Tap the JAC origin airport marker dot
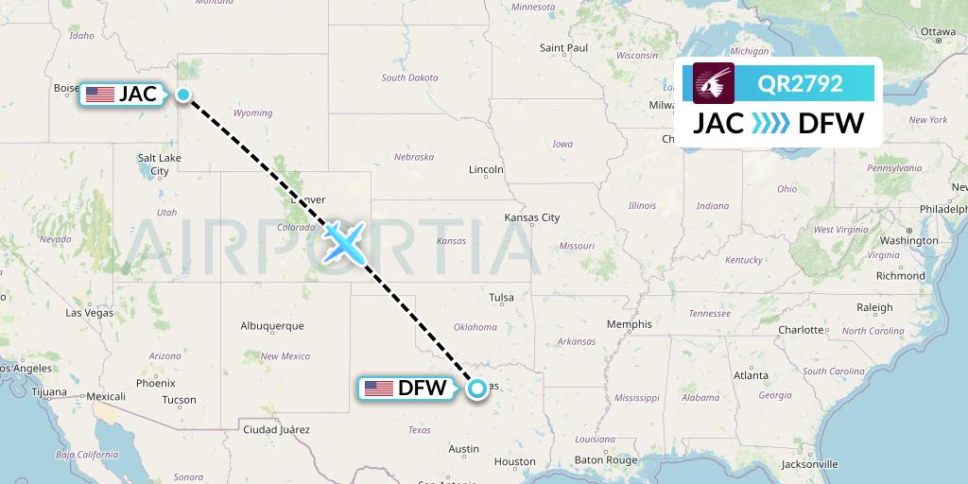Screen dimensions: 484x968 click(x=183, y=95)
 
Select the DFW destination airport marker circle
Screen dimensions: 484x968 click(x=478, y=388)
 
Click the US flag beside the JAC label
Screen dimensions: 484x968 click(x=99, y=95)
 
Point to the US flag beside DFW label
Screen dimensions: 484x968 click(x=379, y=389)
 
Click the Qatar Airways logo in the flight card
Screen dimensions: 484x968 click(x=714, y=83)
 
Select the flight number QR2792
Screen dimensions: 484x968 click(x=801, y=83)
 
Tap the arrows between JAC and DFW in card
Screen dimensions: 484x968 click(x=769, y=123)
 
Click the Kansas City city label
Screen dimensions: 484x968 click(x=532, y=217)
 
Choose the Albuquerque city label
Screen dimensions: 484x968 click(x=272, y=326)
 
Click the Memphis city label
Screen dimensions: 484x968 click(x=630, y=324)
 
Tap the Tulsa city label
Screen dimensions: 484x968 click(x=501, y=298)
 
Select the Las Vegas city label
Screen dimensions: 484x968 click(x=89, y=313)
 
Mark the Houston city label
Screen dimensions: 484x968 click(x=514, y=462)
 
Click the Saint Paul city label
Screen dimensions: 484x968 click(x=563, y=47)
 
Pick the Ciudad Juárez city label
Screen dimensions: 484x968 click(x=276, y=429)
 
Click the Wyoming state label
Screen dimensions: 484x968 click(x=252, y=113)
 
